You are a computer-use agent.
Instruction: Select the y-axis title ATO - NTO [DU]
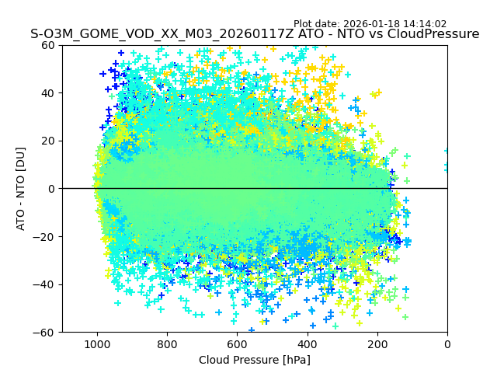pos(21,189)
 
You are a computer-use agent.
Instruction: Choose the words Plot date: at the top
pos(318,24)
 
